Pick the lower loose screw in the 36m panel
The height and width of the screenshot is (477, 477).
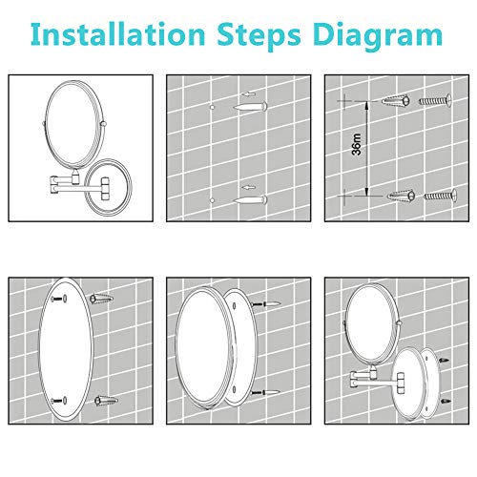coord(441,197)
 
